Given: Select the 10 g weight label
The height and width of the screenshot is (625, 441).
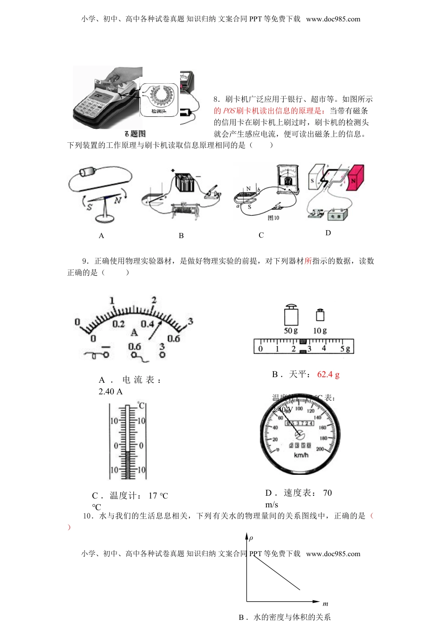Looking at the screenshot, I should click(x=320, y=331).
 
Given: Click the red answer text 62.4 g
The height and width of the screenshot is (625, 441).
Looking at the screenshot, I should click(x=328, y=374).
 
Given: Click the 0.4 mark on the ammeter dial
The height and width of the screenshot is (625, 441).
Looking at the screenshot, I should click(x=147, y=324).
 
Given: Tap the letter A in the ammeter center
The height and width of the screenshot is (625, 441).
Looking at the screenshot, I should click(x=134, y=332).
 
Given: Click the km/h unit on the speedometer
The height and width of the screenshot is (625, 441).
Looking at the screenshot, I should click(x=301, y=455).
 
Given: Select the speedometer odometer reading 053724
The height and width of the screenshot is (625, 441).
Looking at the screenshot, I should click(x=299, y=423).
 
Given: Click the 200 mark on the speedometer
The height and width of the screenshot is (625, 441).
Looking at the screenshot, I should click(x=320, y=449).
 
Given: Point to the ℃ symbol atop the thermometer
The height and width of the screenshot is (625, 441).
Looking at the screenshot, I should click(x=141, y=406).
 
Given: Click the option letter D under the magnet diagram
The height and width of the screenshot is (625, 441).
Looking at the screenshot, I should click(x=328, y=233).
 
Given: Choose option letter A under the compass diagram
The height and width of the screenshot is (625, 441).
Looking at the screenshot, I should click(x=101, y=236).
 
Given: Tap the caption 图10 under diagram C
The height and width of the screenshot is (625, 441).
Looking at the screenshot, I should click(x=273, y=218).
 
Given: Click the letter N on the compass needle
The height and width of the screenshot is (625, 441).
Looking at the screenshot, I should click(x=117, y=200).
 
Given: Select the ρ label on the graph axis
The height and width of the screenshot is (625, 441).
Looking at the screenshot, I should click(x=251, y=538).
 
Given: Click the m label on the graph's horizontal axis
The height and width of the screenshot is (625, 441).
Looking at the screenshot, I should click(x=325, y=604).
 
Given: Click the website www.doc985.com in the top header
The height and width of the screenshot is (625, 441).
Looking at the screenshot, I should click(x=333, y=19).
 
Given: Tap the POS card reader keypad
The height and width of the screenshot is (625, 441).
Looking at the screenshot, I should click(x=91, y=109).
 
